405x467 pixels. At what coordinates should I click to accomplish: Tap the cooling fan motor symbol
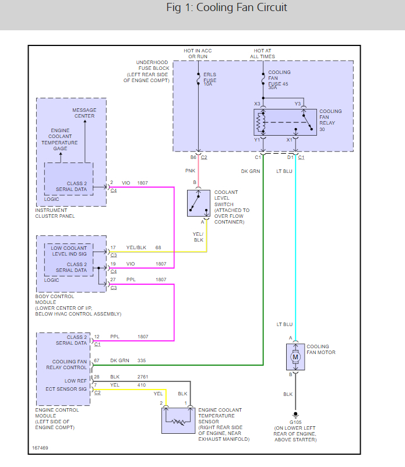coord(294,356)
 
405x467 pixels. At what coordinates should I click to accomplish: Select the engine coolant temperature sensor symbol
coord(178,420)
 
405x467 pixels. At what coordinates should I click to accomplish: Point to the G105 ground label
coord(295,422)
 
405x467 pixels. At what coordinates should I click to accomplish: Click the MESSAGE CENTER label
coord(84,113)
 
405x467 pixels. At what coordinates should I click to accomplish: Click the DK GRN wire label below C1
coord(251,171)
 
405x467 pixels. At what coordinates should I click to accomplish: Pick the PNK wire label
coord(191,171)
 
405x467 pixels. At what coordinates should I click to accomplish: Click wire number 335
coord(142,362)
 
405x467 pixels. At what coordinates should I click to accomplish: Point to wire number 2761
coord(143,377)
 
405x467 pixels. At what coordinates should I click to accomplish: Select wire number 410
coord(142,384)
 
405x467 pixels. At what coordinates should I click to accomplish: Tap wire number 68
coord(158,247)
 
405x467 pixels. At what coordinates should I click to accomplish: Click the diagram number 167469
coord(40,449)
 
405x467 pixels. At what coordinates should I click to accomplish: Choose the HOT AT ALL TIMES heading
coord(264,54)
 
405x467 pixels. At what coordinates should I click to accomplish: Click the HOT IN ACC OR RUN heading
coord(198,54)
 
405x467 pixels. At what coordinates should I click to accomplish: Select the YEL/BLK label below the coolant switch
coord(199,237)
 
